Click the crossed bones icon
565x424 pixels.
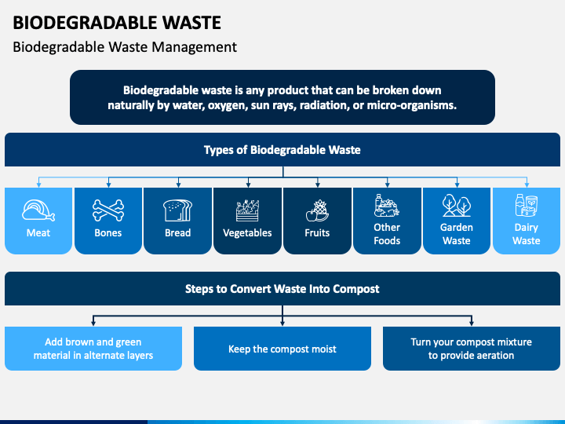[x=108, y=210]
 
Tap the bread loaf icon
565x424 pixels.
[x=177, y=210]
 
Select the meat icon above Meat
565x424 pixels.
[x=38, y=210]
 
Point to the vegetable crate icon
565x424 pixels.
[x=247, y=210]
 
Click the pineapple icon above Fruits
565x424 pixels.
[x=317, y=210]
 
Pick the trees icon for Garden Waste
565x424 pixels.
[x=457, y=205]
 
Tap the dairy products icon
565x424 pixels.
[x=527, y=205]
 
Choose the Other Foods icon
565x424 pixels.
[x=387, y=205]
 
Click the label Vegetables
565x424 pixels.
[x=247, y=233]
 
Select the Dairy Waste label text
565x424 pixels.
[x=527, y=234]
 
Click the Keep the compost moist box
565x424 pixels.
[x=282, y=349]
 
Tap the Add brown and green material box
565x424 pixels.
[x=93, y=349]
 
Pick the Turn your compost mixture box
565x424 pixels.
[x=472, y=349]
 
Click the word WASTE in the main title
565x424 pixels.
[x=191, y=23]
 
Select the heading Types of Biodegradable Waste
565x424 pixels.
[x=282, y=150]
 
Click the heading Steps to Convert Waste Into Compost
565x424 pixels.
[x=282, y=289]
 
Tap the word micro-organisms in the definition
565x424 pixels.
[x=411, y=105]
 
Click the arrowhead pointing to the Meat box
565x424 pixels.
[x=38, y=185]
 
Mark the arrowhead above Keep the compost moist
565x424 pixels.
[x=282, y=323]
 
